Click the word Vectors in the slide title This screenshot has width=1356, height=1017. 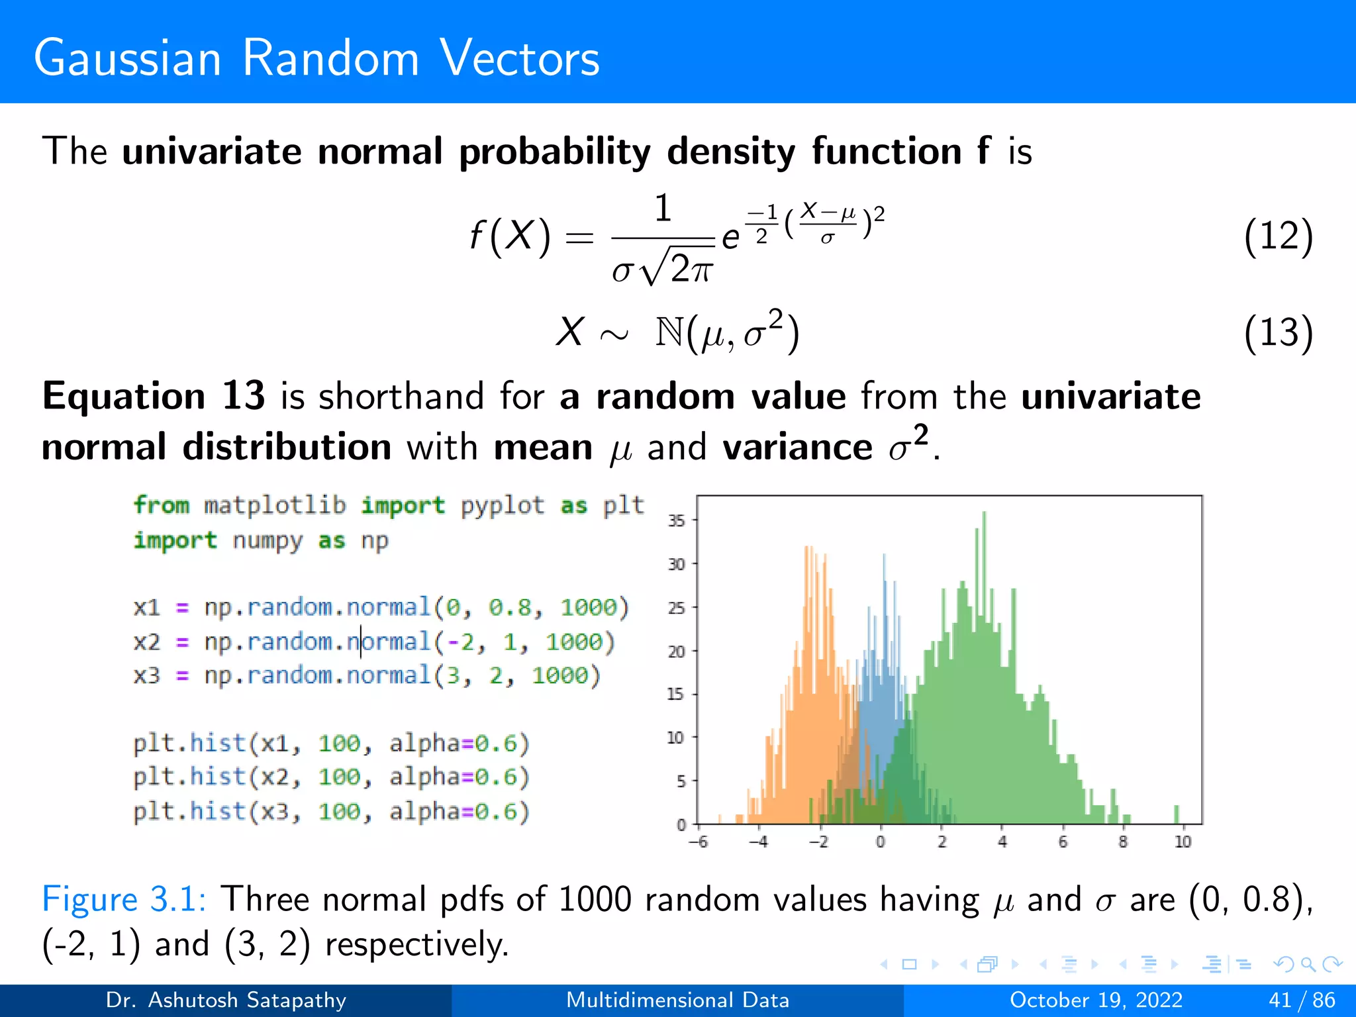[x=519, y=58]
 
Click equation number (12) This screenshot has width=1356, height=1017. [x=1277, y=236]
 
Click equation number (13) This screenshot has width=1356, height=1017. [x=1277, y=332]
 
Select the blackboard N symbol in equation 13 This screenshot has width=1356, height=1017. [x=669, y=332]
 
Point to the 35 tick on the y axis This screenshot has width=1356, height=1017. [x=676, y=520]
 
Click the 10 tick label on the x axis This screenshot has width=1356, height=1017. [x=1183, y=842]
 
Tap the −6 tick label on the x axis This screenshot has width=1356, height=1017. [x=698, y=842]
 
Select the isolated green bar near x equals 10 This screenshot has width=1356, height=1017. [x=1177, y=814]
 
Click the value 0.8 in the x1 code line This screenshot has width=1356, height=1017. [x=510, y=607]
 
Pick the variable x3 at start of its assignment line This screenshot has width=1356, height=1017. [x=146, y=675]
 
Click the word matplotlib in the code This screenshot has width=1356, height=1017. [x=275, y=505]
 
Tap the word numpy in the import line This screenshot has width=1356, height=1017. [x=267, y=540]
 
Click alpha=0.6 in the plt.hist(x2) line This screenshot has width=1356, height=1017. [x=459, y=777]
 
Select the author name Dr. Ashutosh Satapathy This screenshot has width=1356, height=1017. [x=226, y=1000]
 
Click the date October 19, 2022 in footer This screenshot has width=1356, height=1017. [x=1096, y=1000]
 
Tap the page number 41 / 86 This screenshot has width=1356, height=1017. [x=1302, y=1000]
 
